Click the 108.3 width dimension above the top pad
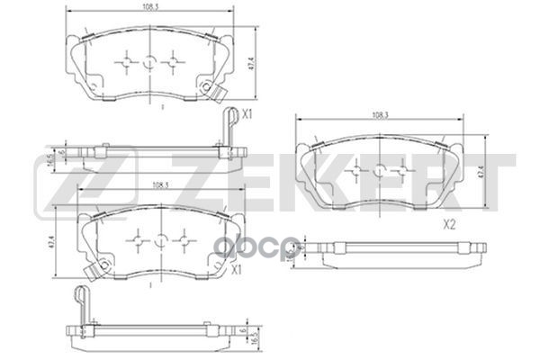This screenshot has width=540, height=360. pyautogui.click(x=149, y=6)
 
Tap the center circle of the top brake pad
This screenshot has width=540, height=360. pyautogui.click(x=149, y=63)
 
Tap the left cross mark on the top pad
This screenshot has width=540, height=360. pyautogui.click(x=126, y=63)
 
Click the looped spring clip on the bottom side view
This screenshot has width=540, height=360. pyautogui.click(x=81, y=294)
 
